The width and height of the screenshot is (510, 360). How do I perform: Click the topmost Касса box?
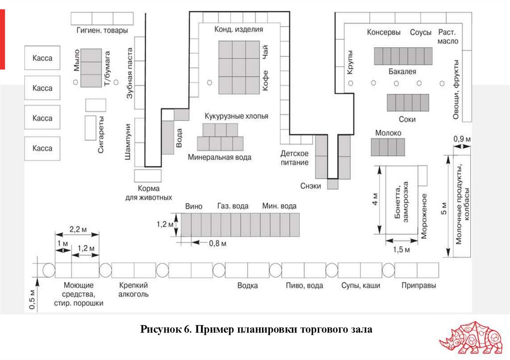[42, 58]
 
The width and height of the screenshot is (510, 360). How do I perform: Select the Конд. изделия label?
[239, 30]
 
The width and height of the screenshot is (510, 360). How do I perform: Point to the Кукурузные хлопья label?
[236, 116]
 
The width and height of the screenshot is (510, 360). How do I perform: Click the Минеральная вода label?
[220, 157]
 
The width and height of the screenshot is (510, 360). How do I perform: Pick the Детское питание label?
[294, 158]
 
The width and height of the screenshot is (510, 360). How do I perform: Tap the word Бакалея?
[402, 72]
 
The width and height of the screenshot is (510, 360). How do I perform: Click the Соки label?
[407, 120]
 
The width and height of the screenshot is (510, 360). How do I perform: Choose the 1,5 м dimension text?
[401, 249]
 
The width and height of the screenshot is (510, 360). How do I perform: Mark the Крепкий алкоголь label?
[133, 290]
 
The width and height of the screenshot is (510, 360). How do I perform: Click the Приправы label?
[419, 286]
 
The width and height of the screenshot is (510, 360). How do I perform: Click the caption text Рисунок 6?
[165, 330]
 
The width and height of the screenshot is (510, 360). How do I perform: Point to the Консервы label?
[383, 32]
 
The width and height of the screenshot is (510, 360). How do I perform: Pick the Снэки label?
[311, 186]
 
